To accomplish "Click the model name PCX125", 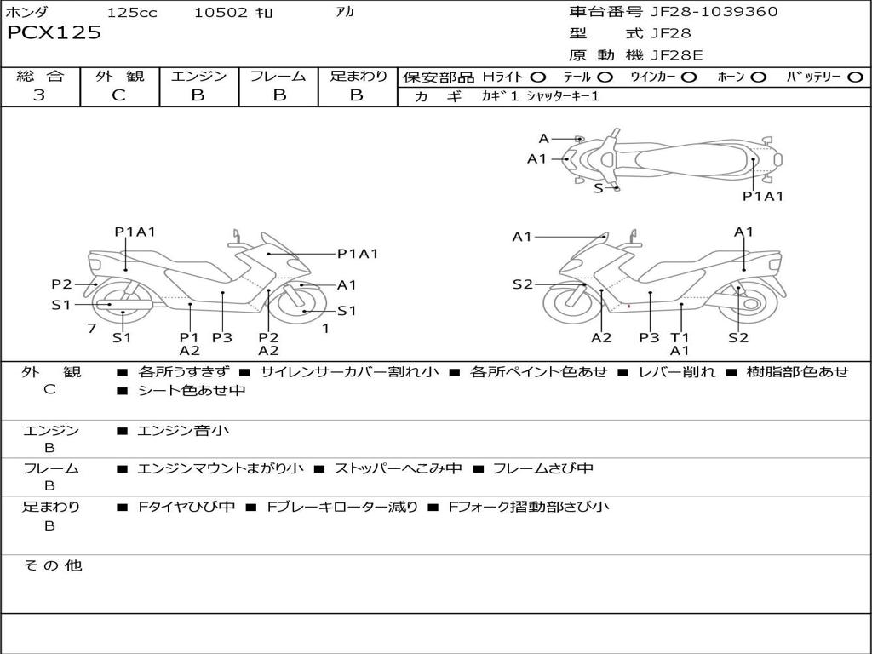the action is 54,33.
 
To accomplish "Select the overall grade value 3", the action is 39,95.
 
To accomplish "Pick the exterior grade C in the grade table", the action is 118,95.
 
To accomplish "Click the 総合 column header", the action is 40,76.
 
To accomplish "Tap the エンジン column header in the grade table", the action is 198,76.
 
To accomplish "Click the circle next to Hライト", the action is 538,77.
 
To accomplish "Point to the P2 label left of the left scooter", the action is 61,284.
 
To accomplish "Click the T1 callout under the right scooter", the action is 680,337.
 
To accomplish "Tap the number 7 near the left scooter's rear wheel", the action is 91,328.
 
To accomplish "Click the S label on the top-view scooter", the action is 598,188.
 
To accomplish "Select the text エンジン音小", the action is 182,431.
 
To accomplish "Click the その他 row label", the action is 52,565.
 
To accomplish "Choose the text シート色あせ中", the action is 192,391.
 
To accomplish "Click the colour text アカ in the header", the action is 346,13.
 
